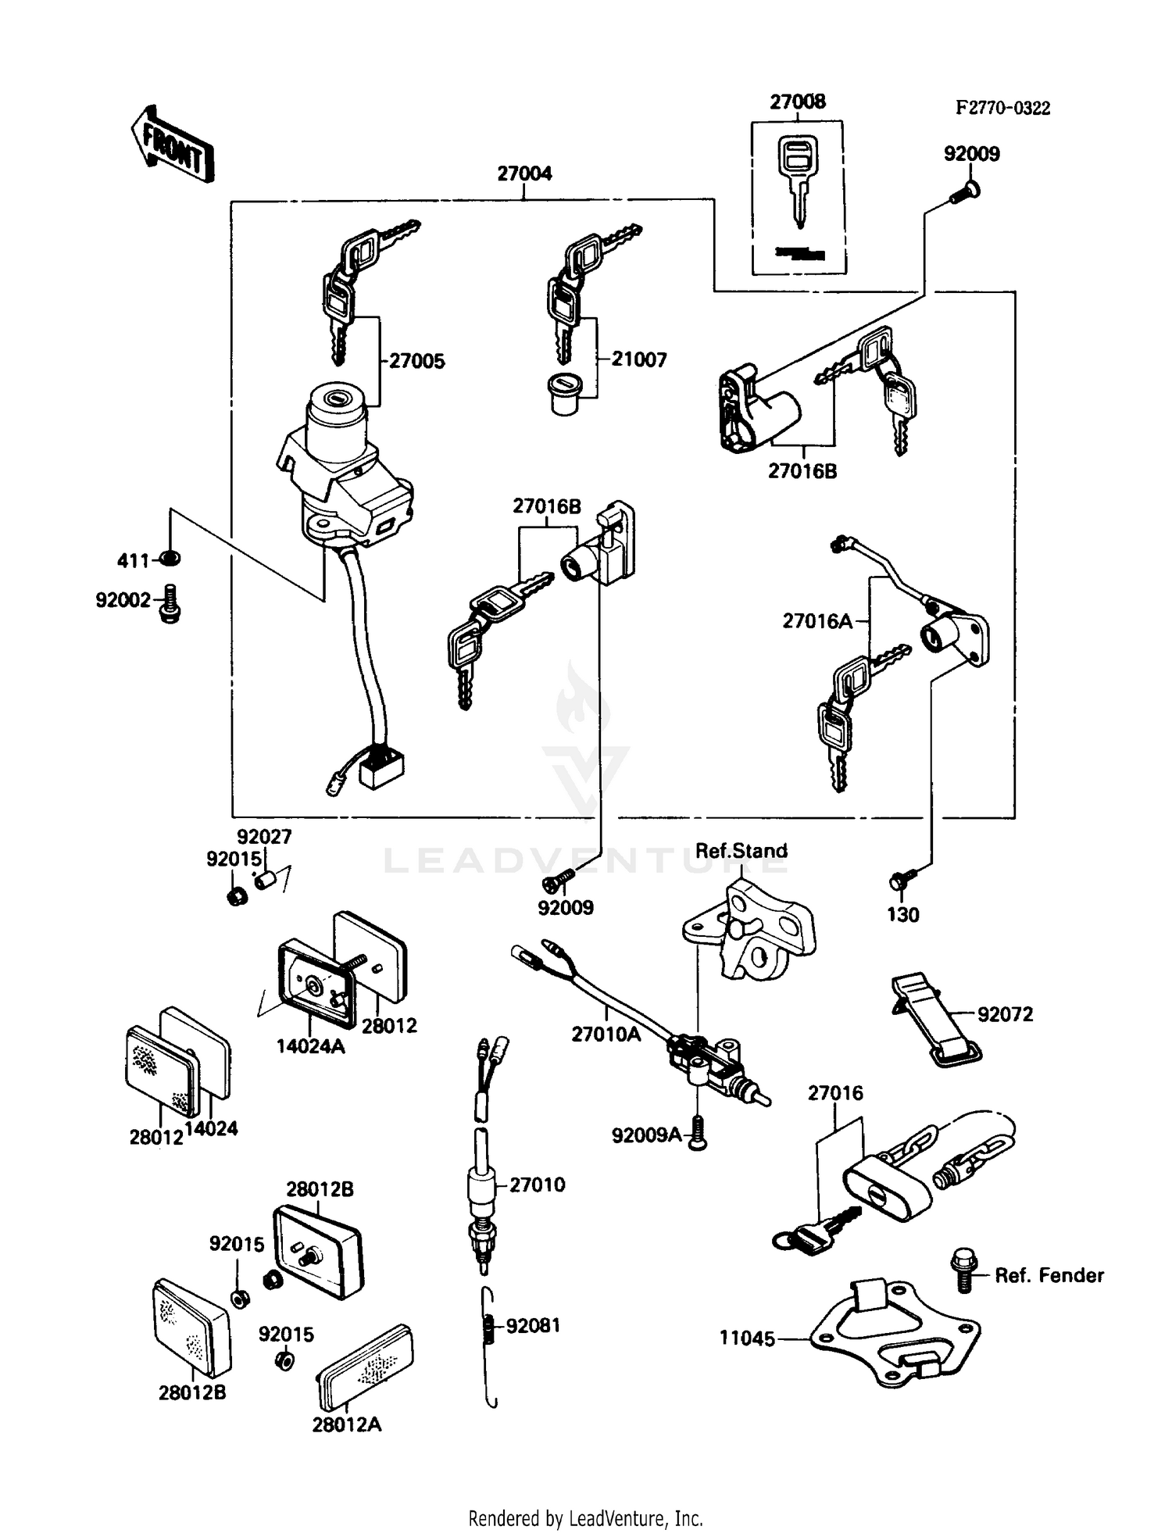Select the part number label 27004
click(x=524, y=173)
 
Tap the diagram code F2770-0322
click(x=1002, y=109)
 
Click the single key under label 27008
click(x=798, y=180)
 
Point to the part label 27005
click(x=417, y=361)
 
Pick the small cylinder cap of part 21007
click(x=564, y=395)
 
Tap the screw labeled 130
click(x=898, y=881)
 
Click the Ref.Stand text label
click(x=741, y=851)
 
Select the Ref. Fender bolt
click(x=966, y=1270)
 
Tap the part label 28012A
click(x=347, y=1425)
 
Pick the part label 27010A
click(x=606, y=1035)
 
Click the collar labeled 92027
click(x=263, y=881)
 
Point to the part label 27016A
click(x=817, y=621)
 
